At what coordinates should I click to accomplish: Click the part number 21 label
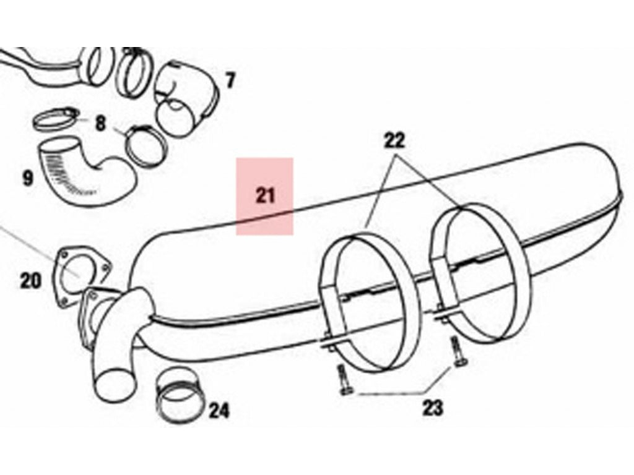pos(265,196)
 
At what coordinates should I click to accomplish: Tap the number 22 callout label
pos(394,140)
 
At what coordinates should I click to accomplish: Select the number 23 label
pos(433,408)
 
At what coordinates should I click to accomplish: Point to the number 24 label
pos(219,411)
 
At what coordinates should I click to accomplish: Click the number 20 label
pos(31,281)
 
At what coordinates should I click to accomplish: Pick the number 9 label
pos(27,178)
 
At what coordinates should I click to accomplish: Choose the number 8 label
pos(100,123)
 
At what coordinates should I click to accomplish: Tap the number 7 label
pos(230,81)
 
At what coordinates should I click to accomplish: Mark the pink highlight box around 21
pos(265,196)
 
